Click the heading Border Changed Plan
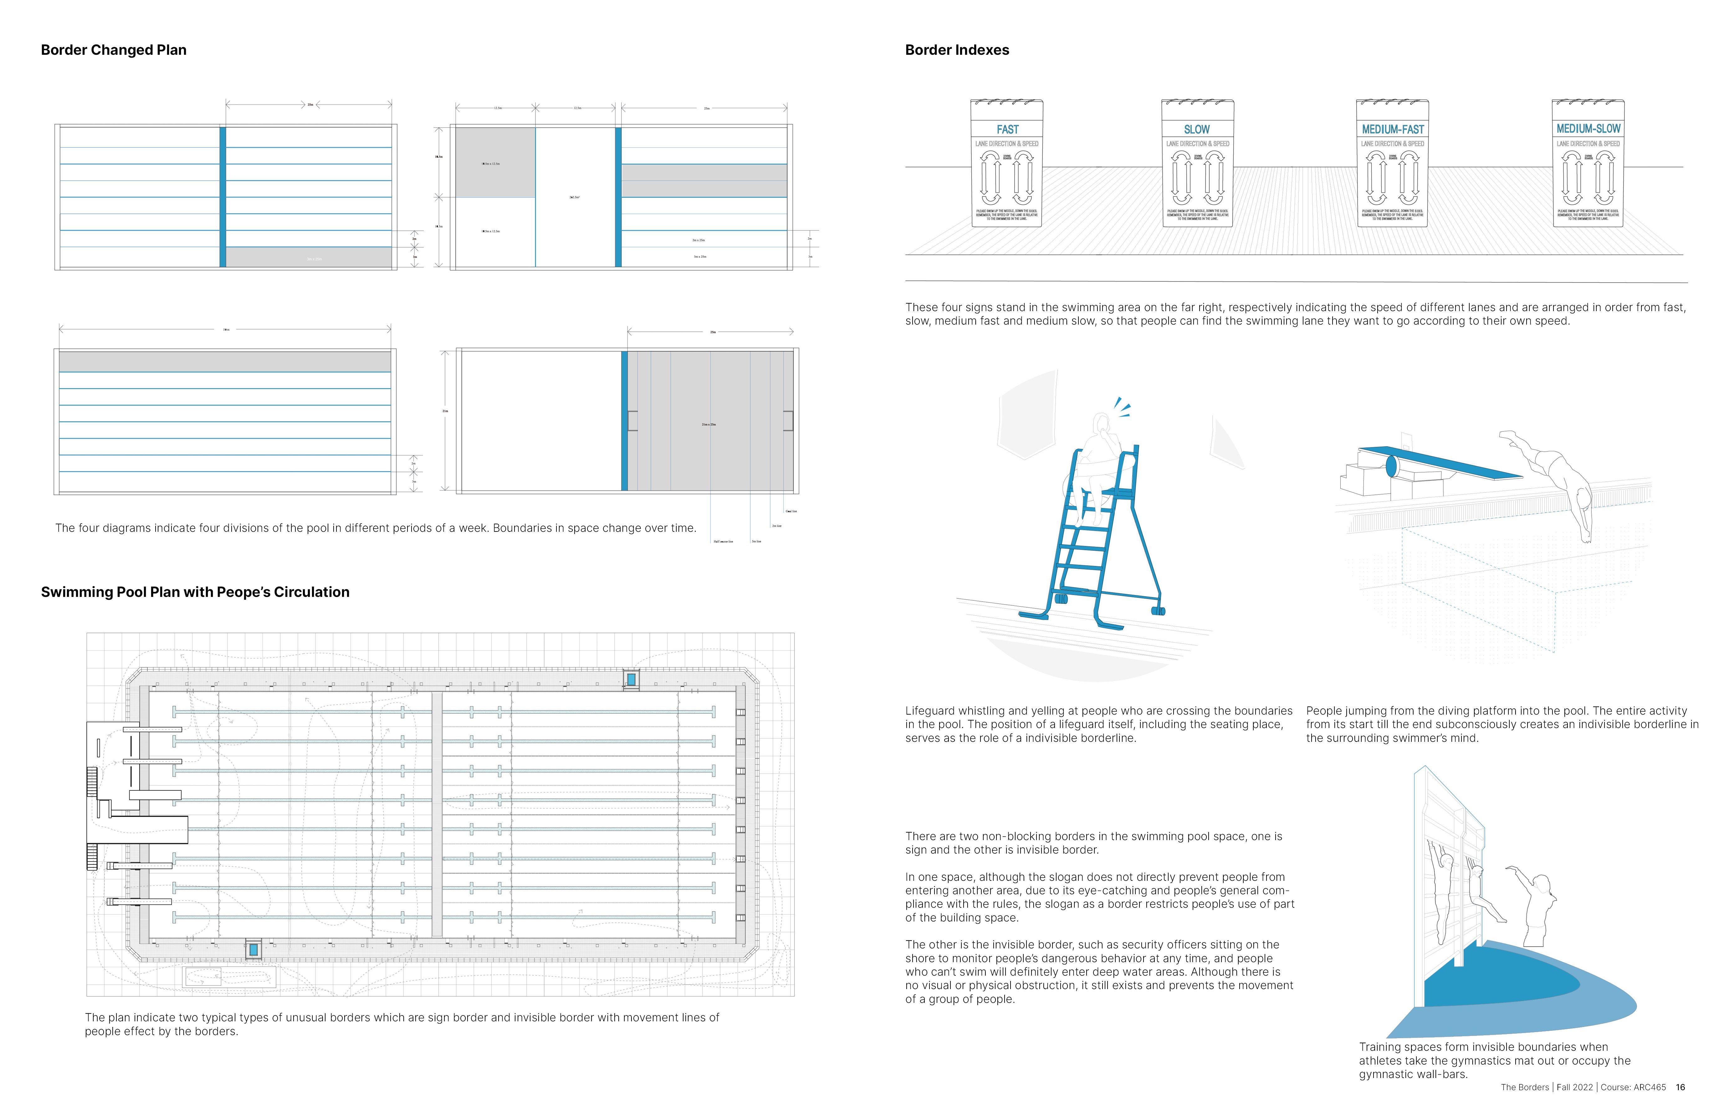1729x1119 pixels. tap(113, 50)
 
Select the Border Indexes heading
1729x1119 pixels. tap(957, 50)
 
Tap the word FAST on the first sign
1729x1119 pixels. tap(1008, 129)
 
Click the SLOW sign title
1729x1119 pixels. tap(1196, 129)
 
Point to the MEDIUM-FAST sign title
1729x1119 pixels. tap(1393, 129)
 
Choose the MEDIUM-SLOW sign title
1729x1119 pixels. tap(1588, 129)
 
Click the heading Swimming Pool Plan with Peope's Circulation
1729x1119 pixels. tap(195, 592)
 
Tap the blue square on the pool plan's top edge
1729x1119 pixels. tap(631, 679)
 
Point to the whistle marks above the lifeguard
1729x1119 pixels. tap(1123, 407)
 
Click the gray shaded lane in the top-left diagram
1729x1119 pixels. tap(309, 257)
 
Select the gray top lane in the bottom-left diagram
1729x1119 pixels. tap(224, 361)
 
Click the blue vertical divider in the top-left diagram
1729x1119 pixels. tap(223, 197)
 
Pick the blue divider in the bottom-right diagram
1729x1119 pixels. tap(624, 421)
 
